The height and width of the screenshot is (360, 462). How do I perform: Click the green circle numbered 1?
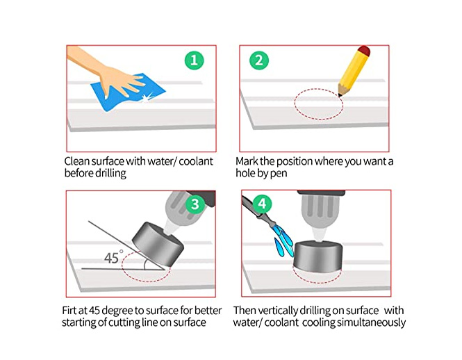[194, 60]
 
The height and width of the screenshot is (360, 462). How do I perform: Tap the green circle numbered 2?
[259, 60]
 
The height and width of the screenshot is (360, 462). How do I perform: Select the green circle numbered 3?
[195, 204]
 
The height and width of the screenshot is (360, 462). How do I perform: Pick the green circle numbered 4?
[262, 204]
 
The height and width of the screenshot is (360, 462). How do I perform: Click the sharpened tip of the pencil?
[340, 95]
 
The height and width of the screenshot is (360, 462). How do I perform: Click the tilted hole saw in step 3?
[158, 244]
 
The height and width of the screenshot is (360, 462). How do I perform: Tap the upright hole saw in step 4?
[318, 256]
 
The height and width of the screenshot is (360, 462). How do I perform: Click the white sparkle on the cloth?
[147, 97]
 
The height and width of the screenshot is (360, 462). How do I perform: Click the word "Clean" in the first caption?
[77, 161]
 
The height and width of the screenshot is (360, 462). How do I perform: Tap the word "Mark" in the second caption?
[247, 161]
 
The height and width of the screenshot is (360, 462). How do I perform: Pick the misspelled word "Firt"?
[69, 311]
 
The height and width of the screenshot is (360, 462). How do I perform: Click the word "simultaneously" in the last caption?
[371, 322]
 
